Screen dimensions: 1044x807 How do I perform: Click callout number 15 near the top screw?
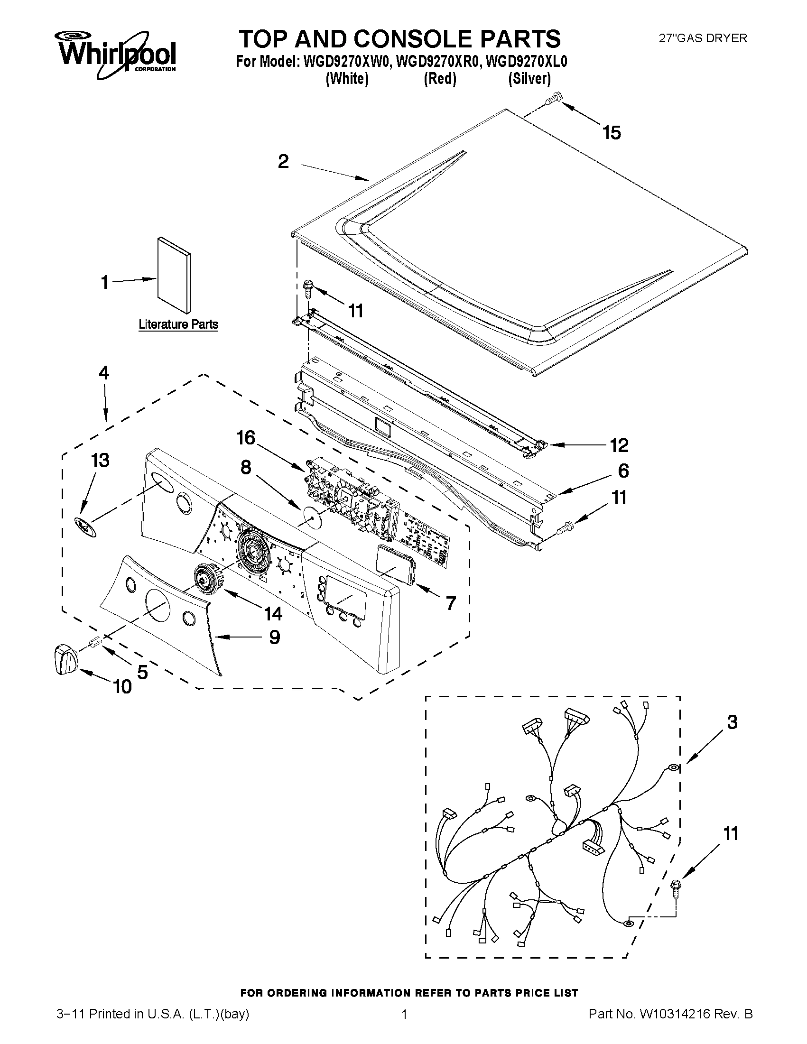pyautogui.click(x=612, y=133)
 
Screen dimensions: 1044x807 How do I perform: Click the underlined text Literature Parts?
pyautogui.click(x=178, y=324)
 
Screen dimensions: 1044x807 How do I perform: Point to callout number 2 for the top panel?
pyautogui.click(x=283, y=162)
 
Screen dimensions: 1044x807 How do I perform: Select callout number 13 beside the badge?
pyautogui.click(x=101, y=460)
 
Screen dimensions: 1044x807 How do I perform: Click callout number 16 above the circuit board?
pyautogui.click(x=246, y=438)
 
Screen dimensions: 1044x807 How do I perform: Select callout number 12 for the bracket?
pyautogui.click(x=619, y=445)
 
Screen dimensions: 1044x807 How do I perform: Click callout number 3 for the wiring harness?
pyautogui.click(x=732, y=722)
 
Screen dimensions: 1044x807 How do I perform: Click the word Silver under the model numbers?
pyautogui.click(x=529, y=78)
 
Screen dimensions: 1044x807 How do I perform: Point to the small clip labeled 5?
pyautogui.click(x=94, y=641)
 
